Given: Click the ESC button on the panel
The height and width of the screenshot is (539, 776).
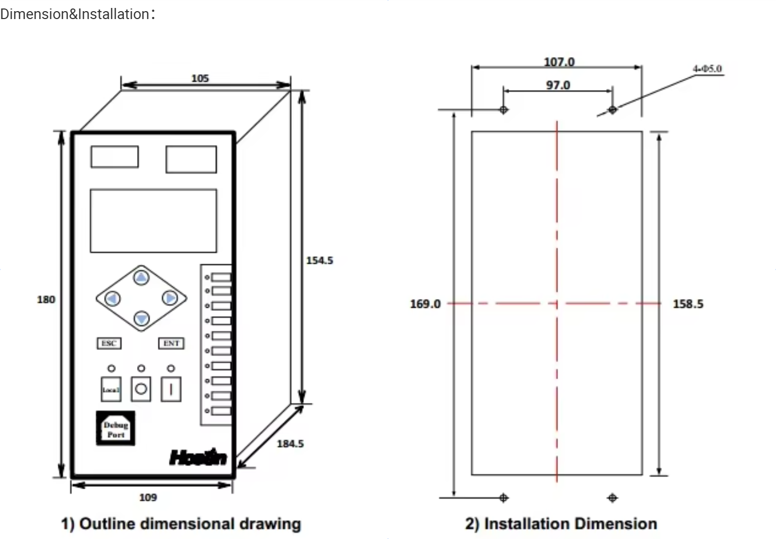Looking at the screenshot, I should [x=109, y=344].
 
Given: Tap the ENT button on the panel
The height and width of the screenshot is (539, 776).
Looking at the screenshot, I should [x=171, y=344].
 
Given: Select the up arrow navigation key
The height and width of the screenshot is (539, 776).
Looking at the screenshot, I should [x=141, y=277].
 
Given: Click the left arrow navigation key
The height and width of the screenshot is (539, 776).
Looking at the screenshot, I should [x=112, y=299].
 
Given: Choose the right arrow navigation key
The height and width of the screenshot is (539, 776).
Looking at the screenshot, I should [x=169, y=299].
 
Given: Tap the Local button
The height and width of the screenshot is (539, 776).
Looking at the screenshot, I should [x=111, y=389].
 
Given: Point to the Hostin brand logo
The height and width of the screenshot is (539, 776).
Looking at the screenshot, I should [x=198, y=457].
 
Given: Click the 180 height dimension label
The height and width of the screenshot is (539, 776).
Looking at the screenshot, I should [x=46, y=300].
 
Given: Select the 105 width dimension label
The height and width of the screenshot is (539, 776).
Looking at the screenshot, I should [x=200, y=78].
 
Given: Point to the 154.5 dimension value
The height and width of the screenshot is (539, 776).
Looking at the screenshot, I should [x=320, y=260].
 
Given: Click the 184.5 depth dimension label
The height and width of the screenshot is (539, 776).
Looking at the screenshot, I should [x=290, y=444].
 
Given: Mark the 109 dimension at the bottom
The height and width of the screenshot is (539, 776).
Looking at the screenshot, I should [x=148, y=498].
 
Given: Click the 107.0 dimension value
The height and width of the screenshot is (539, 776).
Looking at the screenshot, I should [x=559, y=62].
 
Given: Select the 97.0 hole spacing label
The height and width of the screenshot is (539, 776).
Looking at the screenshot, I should [x=558, y=85].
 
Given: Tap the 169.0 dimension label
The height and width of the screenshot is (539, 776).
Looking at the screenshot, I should [x=425, y=304].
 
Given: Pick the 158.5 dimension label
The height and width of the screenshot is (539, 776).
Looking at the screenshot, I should [x=688, y=304].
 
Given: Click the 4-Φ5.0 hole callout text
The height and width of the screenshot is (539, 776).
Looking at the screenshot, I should [x=707, y=69].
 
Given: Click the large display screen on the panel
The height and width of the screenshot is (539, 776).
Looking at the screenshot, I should [x=153, y=220].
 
